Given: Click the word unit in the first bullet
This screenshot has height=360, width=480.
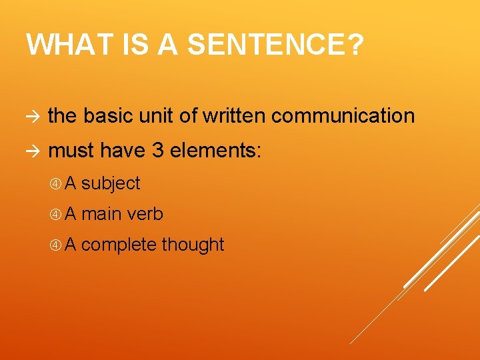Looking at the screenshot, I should (157, 116).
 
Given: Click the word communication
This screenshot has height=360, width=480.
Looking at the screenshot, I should (343, 116).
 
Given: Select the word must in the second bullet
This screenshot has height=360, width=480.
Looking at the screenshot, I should (72, 151).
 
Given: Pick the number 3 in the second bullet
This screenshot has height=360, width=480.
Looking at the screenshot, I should (158, 151).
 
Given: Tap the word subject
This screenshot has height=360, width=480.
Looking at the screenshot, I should (111, 183).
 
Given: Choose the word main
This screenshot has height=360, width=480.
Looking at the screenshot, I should (102, 214).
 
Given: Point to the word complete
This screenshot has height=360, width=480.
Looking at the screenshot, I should (119, 245).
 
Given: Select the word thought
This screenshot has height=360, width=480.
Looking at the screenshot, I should (193, 245).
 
